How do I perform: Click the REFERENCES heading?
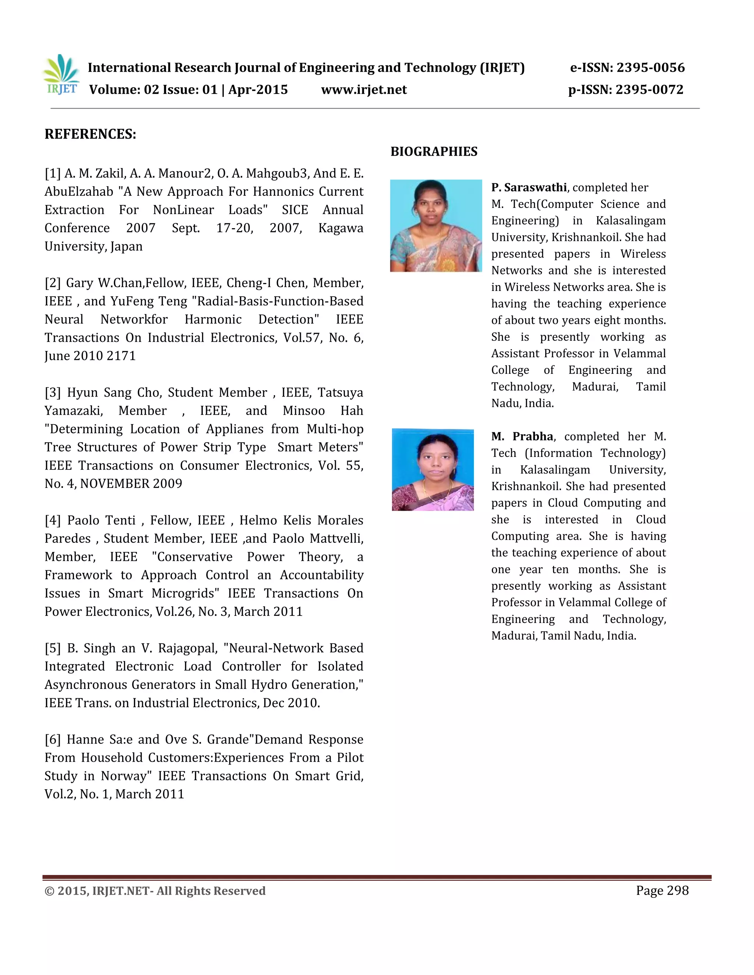pyautogui.click(x=90, y=134)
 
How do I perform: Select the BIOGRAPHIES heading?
pyautogui.click(x=434, y=152)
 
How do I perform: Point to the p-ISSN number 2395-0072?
pyautogui.click(x=649, y=90)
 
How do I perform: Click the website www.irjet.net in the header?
pyautogui.click(x=364, y=90)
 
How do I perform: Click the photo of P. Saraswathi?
pyautogui.click(x=436, y=226)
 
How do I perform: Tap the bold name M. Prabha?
pyautogui.click(x=522, y=436)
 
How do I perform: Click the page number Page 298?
pyautogui.click(x=662, y=891)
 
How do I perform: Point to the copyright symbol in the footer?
pyautogui.click(x=50, y=891)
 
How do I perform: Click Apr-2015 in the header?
pyautogui.click(x=258, y=90)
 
